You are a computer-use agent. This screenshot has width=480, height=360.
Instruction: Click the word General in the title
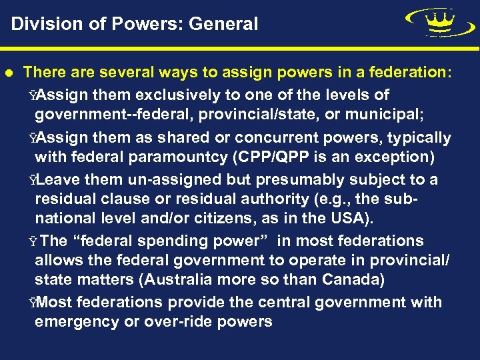[x=223, y=25]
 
